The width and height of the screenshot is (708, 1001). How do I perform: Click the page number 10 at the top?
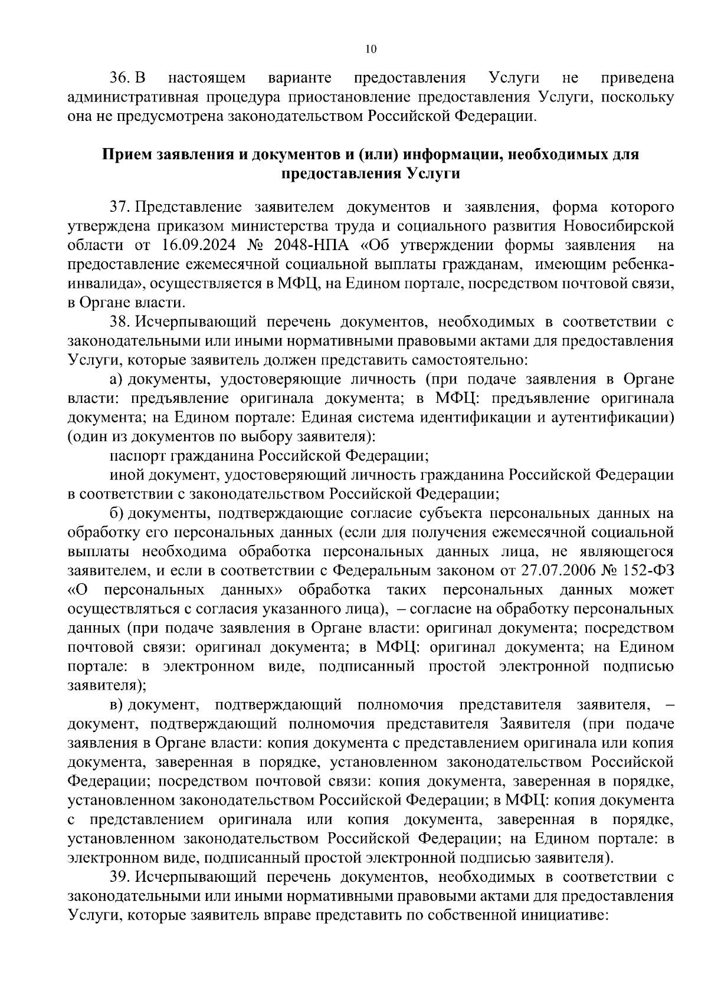pos(371,49)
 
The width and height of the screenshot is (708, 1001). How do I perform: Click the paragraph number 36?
pos(120,78)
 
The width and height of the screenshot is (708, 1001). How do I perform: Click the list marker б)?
pos(116,514)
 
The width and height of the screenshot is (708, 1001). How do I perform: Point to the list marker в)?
pos(116,704)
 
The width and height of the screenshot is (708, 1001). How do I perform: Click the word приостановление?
pos(319,97)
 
